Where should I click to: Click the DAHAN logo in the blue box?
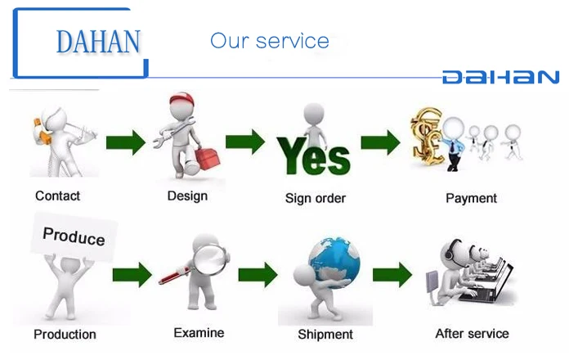(x=98, y=40)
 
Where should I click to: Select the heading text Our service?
(x=270, y=41)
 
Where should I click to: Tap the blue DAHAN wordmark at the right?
(x=500, y=78)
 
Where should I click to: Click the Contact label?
(x=57, y=196)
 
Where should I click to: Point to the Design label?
(x=187, y=196)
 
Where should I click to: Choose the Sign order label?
(x=315, y=198)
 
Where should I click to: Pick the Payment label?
(x=471, y=198)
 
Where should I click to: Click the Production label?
(x=65, y=334)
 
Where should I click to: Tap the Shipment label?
(x=325, y=334)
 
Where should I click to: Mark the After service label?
(x=472, y=333)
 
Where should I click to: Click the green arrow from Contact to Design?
(x=124, y=142)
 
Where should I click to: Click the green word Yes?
(x=313, y=155)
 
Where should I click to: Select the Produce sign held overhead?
(x=74, y=236)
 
